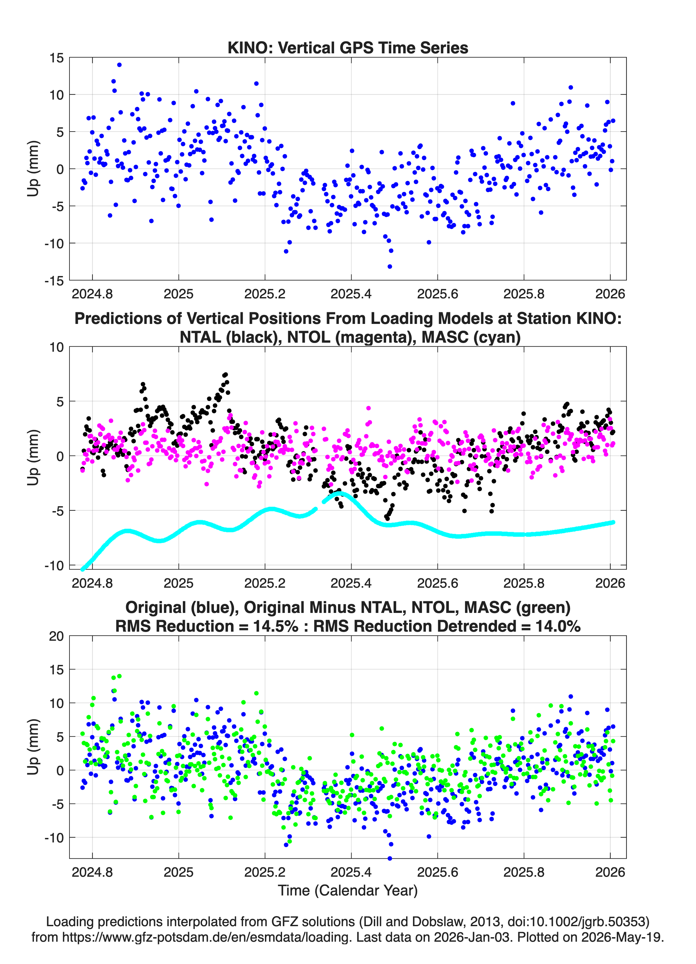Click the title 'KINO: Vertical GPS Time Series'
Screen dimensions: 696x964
[348, 48]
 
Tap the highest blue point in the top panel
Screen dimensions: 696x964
[120, 65]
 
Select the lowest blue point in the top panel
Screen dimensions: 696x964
[390, 266]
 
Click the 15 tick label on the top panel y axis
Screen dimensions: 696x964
[57, 58]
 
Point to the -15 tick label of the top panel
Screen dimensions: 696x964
[54, 281]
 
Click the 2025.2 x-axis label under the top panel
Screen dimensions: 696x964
[265, 294]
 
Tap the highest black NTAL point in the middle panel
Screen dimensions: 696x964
[225, 375]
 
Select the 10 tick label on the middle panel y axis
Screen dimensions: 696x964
[57, 347]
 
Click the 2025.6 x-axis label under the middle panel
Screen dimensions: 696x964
[438, 583]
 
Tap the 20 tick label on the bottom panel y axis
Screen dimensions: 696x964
[57, 636]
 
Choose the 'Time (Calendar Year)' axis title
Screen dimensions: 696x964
[348, 891]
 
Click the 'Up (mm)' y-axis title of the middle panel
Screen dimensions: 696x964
[33, 458]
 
